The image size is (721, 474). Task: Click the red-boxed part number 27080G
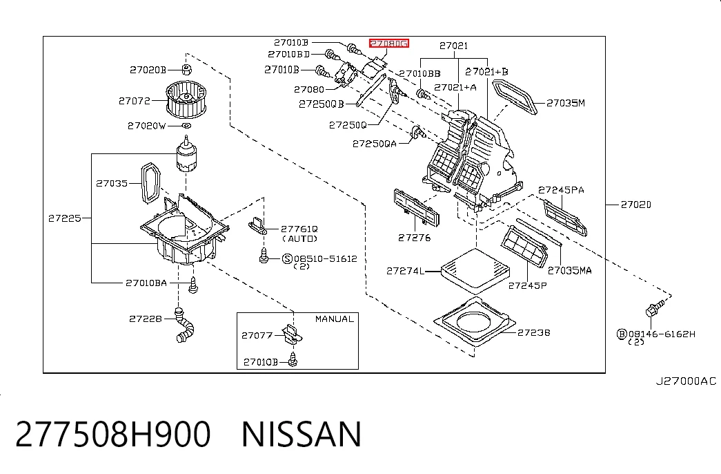point(388,44)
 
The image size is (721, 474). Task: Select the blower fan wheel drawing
point(186,99)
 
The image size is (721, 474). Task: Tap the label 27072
point(135,100)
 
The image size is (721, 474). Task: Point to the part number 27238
point(533,332)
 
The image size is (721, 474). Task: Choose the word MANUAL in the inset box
point(335,319)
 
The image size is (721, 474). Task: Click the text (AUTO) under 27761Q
point(299,238)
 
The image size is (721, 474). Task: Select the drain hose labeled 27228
point(185,325)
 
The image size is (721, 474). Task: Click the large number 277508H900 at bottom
point(113,434)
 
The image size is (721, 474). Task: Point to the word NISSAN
point(302,434)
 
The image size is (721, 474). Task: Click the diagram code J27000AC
point(686,381)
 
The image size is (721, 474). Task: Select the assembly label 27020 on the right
point(636,205)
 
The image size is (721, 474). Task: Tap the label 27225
point(64,218)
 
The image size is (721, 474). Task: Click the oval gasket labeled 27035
point(150,183)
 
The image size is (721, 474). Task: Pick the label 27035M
point(566,103)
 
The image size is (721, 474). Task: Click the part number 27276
point(414,238)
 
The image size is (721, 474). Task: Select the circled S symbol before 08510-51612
point(288,259)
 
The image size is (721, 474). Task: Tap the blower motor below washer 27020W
point(187,154)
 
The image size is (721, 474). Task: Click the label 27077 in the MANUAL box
point(257,335)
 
